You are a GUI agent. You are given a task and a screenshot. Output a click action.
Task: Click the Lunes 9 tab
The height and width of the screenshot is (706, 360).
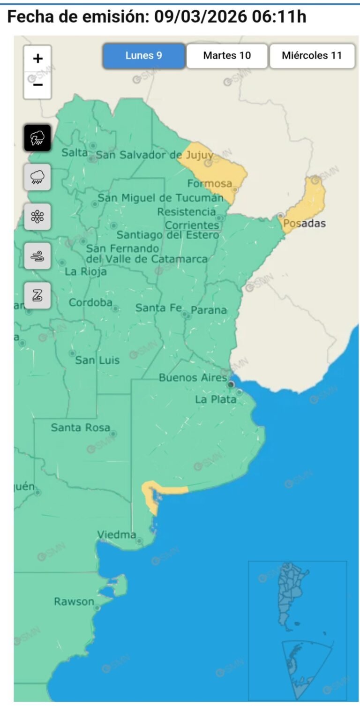click(144, 56)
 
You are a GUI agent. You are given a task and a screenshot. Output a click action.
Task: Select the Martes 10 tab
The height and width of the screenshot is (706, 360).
click(227, 56)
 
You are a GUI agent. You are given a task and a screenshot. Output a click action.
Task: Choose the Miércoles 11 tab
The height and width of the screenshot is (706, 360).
click(312, 56)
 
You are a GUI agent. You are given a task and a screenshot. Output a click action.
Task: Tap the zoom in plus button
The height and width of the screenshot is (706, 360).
click(37, 59)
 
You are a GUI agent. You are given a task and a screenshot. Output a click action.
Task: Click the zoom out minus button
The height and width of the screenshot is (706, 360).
click(37, 85)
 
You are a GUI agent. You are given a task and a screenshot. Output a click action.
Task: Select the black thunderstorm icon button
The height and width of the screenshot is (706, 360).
click(37, 138)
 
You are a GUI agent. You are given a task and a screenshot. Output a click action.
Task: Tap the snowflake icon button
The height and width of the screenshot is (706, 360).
click(37, 217)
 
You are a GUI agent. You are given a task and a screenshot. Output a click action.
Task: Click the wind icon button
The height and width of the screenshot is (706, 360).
click(37, 256)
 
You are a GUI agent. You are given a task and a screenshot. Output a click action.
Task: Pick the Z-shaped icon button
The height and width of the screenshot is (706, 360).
click(37, 295)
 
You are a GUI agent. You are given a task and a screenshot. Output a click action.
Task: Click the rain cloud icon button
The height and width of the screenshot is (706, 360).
click(37, 177)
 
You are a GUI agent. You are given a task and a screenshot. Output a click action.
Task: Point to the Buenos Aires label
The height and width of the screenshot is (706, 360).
click(193, 377)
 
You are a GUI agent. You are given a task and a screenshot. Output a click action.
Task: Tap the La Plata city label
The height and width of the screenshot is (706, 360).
click(216, 399)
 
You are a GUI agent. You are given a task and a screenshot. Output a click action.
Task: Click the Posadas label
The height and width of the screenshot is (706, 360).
click(304, 223)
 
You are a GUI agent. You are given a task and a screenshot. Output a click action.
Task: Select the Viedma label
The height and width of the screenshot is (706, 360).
click(116, 534)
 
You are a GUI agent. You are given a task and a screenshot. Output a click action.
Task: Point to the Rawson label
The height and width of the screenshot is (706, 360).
click(74, 601)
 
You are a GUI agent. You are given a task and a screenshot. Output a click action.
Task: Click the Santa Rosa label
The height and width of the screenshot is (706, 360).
click(80, 428)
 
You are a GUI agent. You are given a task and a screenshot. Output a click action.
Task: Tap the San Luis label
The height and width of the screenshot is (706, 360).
click(97, 361)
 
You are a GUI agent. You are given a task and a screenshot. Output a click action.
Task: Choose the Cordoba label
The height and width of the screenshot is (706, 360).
click(90, 303)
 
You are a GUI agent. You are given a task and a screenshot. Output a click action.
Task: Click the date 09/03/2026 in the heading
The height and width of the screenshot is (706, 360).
click(200, 17)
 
